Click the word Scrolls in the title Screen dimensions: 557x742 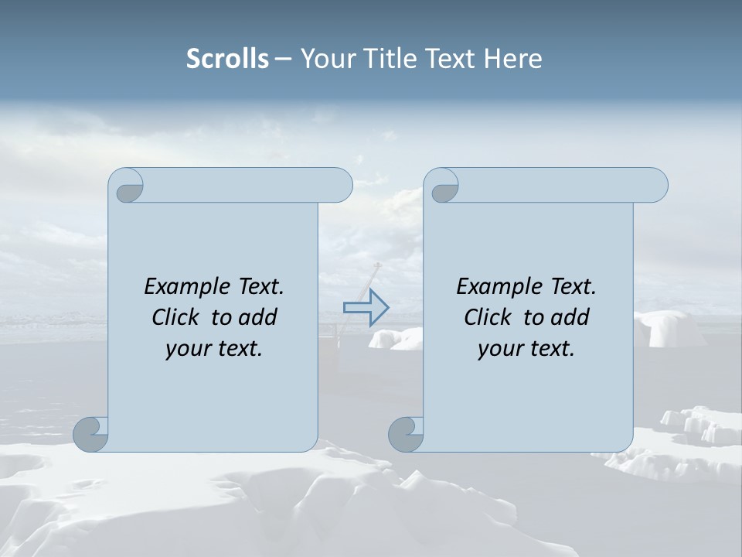(x=227, y=59)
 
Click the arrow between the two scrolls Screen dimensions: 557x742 (x=366, y=307)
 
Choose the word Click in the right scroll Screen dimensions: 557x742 (x=487, y=317)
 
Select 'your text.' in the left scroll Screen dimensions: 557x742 (x=214, y=349)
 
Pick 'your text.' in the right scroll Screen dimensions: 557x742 (x=526, y=349)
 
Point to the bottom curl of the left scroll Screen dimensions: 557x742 (x=91, y=433)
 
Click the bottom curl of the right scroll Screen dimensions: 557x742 (x=407, y=433)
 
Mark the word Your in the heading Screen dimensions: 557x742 (x=324, y=59)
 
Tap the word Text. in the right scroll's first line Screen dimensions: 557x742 (x=573, y=287)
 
